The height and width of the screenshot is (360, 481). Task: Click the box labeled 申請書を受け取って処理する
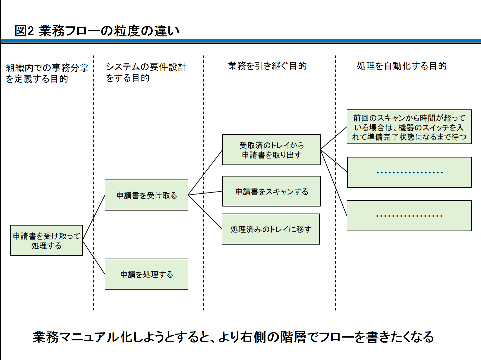(46, 241)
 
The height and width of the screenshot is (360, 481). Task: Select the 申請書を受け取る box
(146, 195)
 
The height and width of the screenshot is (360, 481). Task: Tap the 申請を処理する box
(146, 274)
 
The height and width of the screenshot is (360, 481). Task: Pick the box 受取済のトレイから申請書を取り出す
(271, 150)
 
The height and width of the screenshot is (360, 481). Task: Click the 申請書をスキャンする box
(271, 192)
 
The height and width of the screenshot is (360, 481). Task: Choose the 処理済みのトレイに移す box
(271, 229)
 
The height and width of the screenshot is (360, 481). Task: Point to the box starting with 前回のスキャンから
(409, 127)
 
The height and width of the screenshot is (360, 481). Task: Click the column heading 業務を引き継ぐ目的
(267, 66)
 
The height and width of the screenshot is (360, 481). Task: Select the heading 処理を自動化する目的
(402, 66)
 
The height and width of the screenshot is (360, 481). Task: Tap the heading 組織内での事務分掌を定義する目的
(47, 73)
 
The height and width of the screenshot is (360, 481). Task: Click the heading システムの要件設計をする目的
(146, 72)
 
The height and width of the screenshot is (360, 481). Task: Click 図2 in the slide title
(24, 31)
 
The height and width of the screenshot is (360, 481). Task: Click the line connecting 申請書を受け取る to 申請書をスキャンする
(205, 193)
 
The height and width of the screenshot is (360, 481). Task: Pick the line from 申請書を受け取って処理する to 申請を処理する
(94, 257)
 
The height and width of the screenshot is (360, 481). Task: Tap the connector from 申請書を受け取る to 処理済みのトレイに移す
(205, 212)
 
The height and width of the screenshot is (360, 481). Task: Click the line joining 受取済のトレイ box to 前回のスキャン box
(333, 138)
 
